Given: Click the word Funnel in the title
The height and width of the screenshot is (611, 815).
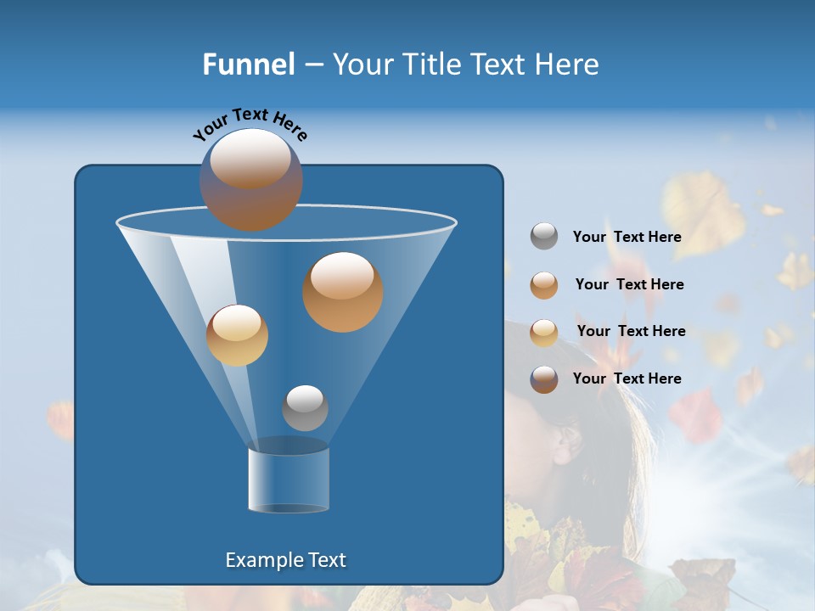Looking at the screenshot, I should click(x=248, y=64).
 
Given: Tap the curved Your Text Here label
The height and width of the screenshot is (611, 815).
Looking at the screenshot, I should click(x=250, y=123).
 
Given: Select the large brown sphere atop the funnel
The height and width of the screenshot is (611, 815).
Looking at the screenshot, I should click(x=251, y=179).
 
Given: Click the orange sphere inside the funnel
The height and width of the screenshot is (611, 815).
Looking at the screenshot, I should click(x=343, y=292).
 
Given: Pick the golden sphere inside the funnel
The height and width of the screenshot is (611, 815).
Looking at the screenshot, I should click(x=237, y=335).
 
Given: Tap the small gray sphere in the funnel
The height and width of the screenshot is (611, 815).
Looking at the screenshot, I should click(x=305, y=407).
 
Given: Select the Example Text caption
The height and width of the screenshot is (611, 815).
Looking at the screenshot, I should click(x=286, y=560).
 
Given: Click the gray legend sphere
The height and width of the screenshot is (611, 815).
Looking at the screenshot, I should click(x=544, y=237).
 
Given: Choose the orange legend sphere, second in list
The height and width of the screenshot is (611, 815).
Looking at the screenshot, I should click(x=544, y=284).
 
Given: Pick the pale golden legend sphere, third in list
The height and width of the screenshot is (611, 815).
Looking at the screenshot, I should click(x=544, y=332).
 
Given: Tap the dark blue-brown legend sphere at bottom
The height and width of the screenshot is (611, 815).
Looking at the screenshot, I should click(x=544, y=379).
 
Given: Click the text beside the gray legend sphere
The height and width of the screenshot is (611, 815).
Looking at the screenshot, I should click(x=627, y=237).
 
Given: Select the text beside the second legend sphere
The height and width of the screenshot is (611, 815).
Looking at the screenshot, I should click(x=629, y=284).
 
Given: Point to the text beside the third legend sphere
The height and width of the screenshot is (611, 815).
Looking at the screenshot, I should click(x=631, y=331).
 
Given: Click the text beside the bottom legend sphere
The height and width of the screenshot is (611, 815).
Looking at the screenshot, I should click(x=627, y=378).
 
